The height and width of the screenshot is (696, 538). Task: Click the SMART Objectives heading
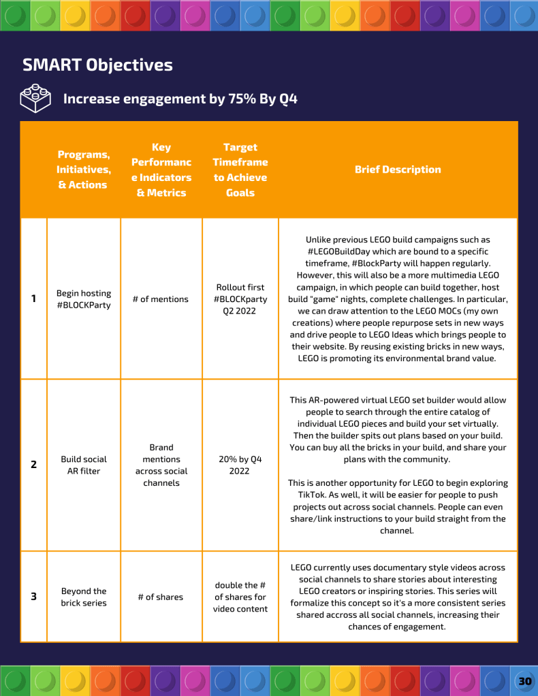[97, 65]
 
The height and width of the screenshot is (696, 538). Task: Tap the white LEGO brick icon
[35, 99]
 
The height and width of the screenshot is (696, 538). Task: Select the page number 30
[524, 681]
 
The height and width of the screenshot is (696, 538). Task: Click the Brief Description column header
[398, 169]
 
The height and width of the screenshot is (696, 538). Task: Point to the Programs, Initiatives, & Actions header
[82, 169]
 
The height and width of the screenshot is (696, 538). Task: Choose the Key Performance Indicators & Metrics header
[161, 169]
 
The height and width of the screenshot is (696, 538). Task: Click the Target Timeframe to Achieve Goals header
[240, 169]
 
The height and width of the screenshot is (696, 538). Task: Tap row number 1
[33, 299]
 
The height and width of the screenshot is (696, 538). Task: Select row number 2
[33, 465]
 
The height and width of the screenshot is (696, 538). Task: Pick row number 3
[33, 597]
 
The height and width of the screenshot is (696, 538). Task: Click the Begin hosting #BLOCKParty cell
[84, 299]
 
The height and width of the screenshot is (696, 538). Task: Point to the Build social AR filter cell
[84, 465]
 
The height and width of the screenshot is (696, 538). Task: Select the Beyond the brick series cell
[84, 597]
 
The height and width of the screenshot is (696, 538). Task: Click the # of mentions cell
[161, 299]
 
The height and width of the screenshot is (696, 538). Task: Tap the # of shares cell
[161, 597]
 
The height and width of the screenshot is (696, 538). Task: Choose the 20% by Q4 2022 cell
[240, 465]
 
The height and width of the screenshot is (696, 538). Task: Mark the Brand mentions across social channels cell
[161, 465]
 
